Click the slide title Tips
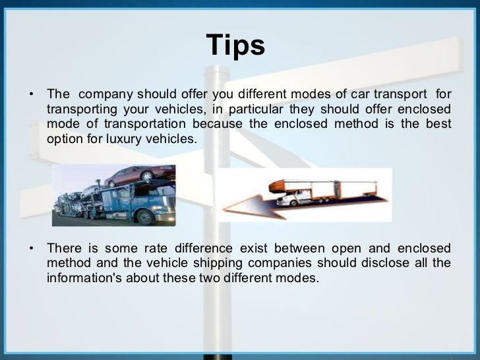click(235, 45)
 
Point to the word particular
click(260, 109)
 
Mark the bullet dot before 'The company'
click(30, 94)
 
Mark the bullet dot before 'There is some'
click(30, 248)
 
